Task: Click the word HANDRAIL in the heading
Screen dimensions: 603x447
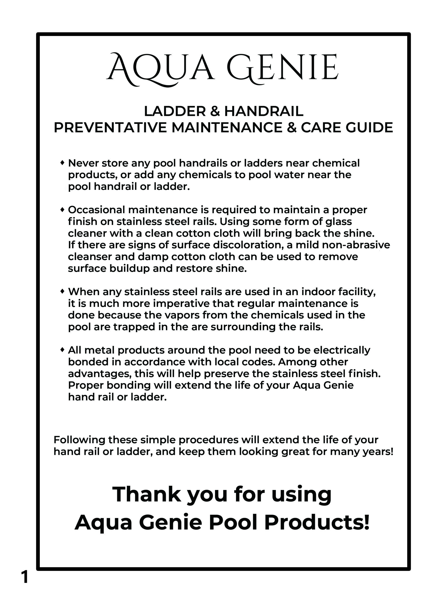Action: (263, 111)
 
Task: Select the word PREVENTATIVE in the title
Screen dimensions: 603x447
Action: (110, 128)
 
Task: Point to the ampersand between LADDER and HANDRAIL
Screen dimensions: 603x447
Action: (215, 111)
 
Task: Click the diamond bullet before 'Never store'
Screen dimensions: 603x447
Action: (62, 163)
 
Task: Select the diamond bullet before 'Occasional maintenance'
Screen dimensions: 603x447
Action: (62, 209)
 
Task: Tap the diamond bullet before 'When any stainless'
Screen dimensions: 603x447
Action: (62, 291)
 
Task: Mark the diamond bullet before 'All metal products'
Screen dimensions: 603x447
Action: (62, 350)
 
